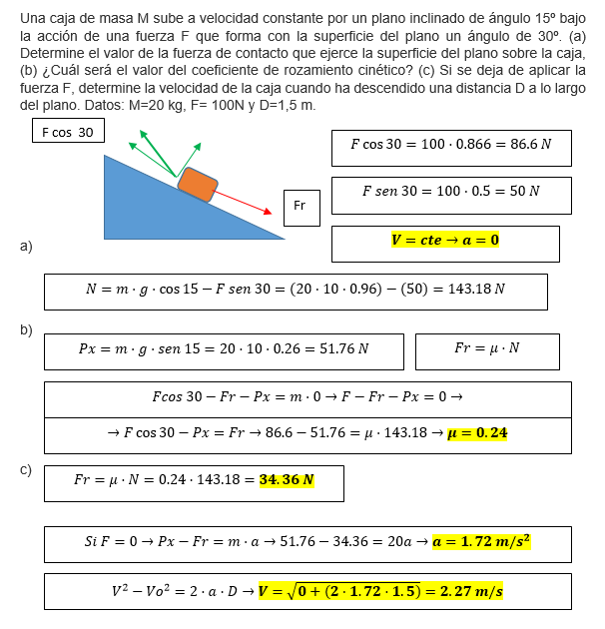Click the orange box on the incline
pyautogui.click(x=198, y=186)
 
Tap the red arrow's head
pyautogui.click(x=268, y=212)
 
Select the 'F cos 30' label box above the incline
pyautogui.click(x=68, y=132)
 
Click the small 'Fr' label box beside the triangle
pyautogui.click(x=301, y=207)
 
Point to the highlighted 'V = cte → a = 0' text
pyautogui.click(x=445, y=241)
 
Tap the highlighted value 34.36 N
pyautogui.click(x=287, y=480)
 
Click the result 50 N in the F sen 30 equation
pyautogui.click(x=521, y=191)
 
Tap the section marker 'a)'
pyautogui.click(x=26, y=246)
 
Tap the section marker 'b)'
pyautogui.click(x=26, y=330)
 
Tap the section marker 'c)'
pyautogui.click(x=26, y=469)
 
